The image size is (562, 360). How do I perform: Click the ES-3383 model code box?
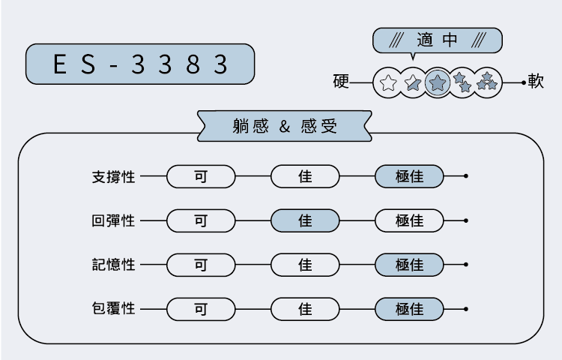tap(140, 64)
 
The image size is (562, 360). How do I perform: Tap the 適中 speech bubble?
tap(437, 40)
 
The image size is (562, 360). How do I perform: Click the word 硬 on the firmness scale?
tap(342, 82)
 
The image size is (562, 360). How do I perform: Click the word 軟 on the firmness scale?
tap(536, 82)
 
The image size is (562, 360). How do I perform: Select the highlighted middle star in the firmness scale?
tap(438, 82)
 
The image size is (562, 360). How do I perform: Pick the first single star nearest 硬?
tap(388, 82)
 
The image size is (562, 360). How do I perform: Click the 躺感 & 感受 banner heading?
tap(285, 126)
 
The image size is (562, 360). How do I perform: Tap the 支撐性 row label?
tap(113, 177)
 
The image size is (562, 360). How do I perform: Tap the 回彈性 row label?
tap(113, 221)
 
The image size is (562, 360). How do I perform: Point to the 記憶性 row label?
tap(113, 265)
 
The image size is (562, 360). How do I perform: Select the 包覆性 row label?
tap(113, 308)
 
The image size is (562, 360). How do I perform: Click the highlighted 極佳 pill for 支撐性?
tap(409, 177)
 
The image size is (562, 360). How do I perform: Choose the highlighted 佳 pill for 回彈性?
tap(305, 221)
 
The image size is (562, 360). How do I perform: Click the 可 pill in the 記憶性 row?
tap(201, 265)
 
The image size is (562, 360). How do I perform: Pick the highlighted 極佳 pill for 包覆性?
tap(409, 308)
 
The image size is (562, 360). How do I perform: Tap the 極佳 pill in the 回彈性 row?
tap(409, 221)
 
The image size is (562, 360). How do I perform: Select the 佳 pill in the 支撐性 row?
tap(305, 177)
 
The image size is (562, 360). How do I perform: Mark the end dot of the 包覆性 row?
tap(466, 308)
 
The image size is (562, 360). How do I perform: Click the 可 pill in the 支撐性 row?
tap(201, 177)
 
